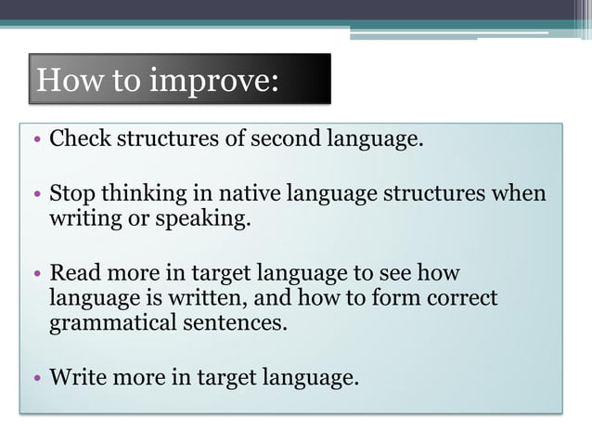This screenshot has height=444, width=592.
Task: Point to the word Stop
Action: pos(71,194)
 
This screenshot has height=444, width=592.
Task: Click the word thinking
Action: pos(134,195)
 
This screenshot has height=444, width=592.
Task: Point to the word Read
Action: pos(72,273)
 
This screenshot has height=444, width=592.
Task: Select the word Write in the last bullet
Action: pos(76,377)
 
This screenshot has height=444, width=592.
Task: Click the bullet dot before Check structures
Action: pos(35,142)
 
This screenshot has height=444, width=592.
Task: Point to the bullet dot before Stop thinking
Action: pos(35,196)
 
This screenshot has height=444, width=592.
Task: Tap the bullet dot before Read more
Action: pos(35,275)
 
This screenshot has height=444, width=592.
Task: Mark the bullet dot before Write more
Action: pos(35,379)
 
